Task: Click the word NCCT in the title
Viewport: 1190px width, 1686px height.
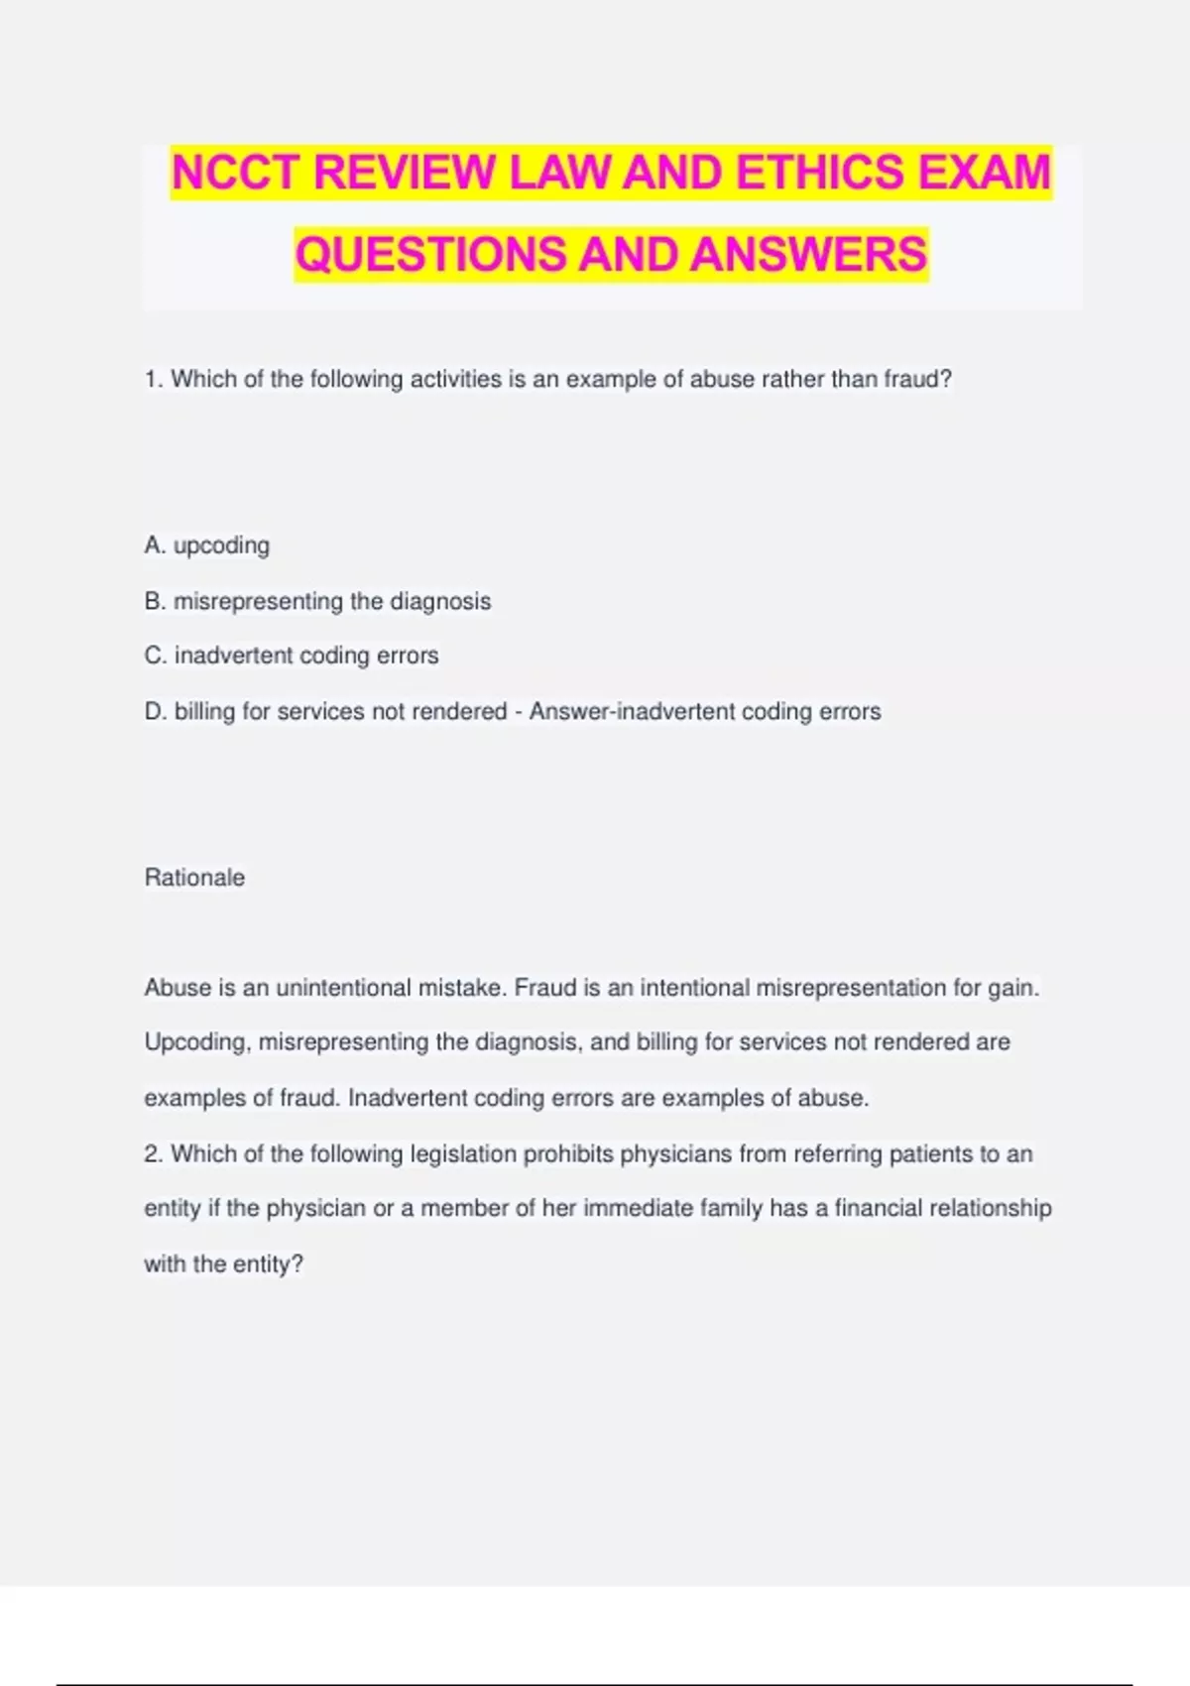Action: pos(235,173)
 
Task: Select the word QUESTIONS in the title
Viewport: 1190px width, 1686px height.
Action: pos(430,254)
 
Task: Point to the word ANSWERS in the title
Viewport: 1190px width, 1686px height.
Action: pos(809,254)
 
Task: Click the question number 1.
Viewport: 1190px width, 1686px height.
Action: pos(153,380)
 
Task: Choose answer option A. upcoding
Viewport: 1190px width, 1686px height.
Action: pos(207,545)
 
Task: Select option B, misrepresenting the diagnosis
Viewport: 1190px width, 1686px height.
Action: pos(317,601)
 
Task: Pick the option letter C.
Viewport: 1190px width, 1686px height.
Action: pos(154,656)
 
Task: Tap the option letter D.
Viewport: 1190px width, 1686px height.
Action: pos(154,711)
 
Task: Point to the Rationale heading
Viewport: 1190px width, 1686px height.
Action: pos(194,878)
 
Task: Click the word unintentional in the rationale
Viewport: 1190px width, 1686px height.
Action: pos(343,988)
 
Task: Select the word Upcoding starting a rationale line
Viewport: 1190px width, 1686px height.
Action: pos(196,1042)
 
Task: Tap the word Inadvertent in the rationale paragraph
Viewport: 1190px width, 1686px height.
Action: pos(407,1098)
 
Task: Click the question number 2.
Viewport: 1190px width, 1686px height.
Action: pos(153,1154)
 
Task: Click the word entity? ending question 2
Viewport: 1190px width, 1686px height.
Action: pos(268,1264)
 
